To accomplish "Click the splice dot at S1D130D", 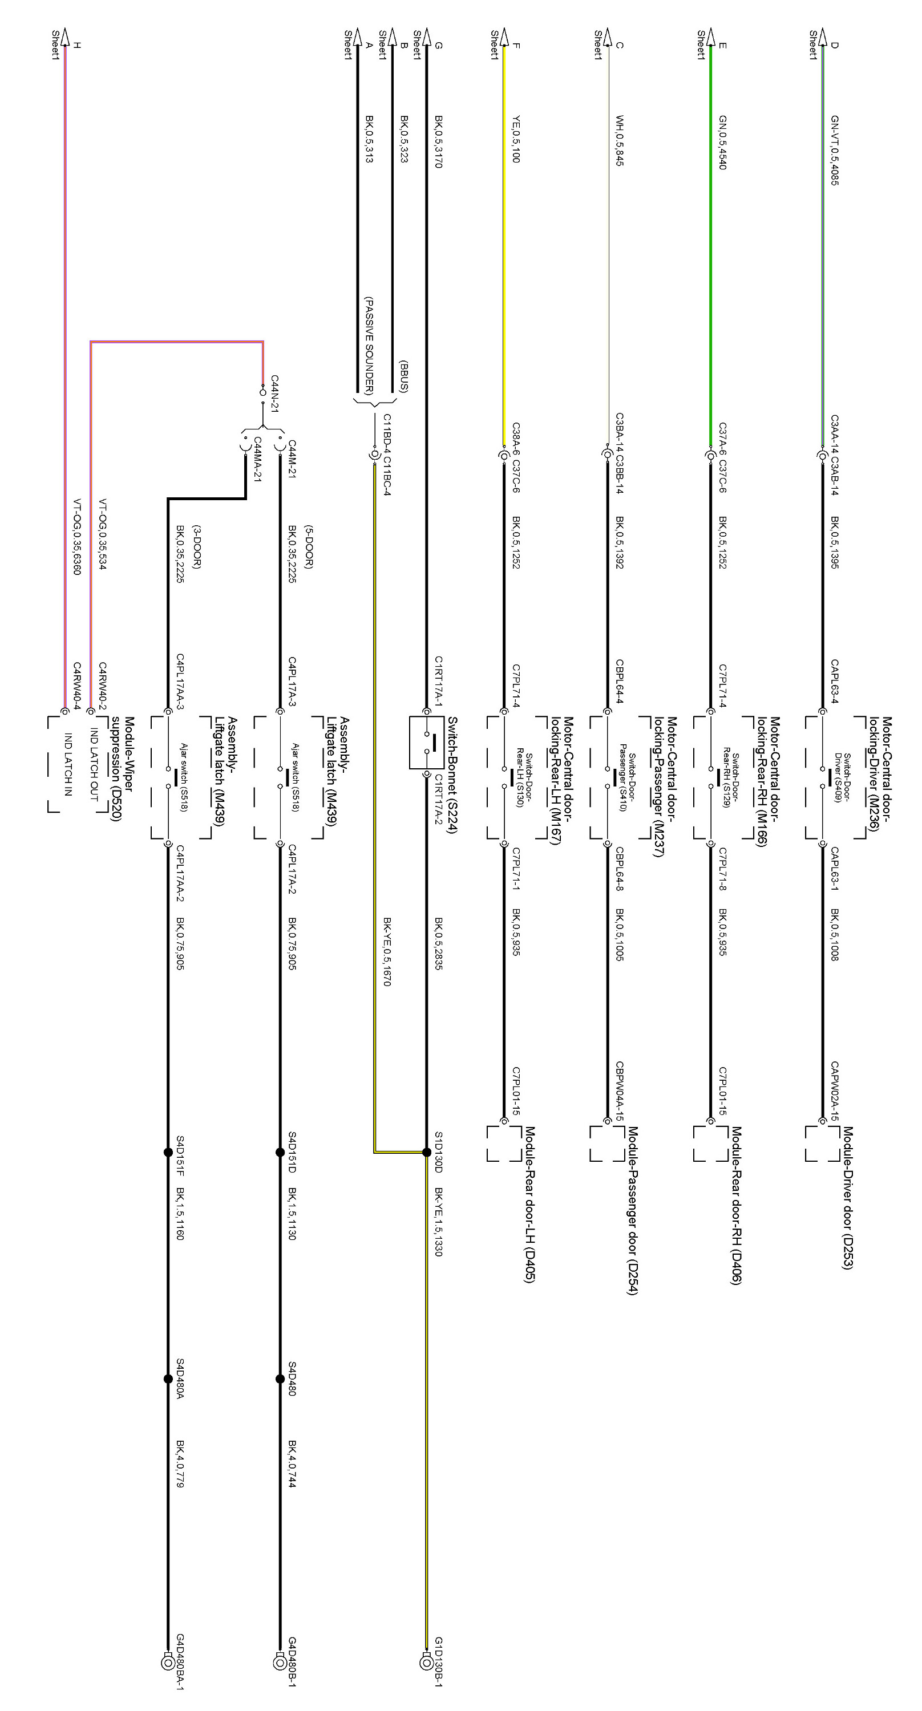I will click(x=426, y=1153).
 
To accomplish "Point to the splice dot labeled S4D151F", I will click(x=167, y=1153).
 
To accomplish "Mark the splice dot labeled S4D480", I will click(x=280, y=1379).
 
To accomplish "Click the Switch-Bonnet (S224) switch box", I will click(x=426, y=743).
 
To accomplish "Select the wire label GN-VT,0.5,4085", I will click(x=834, y=150).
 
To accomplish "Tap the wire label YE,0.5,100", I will click(x=516, y=140).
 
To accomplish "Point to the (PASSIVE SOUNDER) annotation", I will click(x=369, y=346).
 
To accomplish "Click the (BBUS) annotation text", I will click(x=403, y=375).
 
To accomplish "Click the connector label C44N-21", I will click(x=274, y=393).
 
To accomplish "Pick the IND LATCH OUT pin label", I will click(x=94, y=764).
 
